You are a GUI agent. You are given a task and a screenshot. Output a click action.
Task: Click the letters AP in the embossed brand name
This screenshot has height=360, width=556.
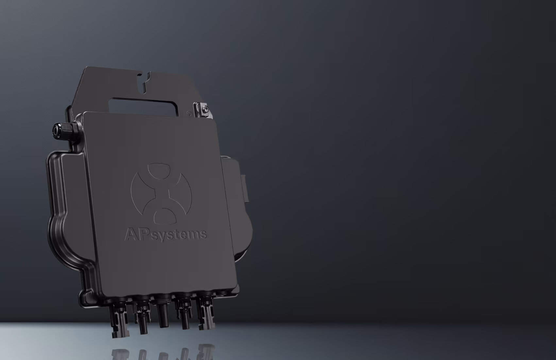[136, 234]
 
